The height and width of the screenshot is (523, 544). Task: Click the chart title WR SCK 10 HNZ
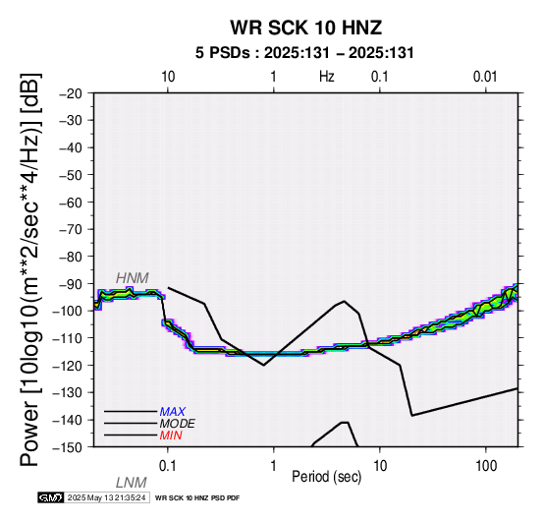306,28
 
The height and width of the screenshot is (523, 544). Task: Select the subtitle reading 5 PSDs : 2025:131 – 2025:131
304,53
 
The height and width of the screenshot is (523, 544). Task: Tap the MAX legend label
172,412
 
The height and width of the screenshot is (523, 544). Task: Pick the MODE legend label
177,424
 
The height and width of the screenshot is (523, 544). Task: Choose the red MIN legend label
171,436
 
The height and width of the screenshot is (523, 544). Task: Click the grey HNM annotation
133,278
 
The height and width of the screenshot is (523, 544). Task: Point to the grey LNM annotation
132,483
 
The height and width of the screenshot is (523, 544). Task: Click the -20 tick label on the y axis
71,93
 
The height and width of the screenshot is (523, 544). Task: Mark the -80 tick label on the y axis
71,257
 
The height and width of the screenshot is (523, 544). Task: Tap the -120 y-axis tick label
68,366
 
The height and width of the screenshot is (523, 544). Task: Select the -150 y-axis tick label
68,447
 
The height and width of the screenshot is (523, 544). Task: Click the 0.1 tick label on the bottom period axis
168,466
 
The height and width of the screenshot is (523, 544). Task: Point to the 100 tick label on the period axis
486,466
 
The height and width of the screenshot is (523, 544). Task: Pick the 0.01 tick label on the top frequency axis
485,77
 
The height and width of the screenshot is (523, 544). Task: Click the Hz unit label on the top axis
327,77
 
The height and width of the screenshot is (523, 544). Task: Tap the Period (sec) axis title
327,477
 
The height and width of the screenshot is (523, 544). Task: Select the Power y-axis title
30,270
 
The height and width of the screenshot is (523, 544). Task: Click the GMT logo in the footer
51,497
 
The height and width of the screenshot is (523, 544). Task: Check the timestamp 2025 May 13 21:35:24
106,497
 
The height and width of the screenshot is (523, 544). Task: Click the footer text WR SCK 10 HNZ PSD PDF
197,498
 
